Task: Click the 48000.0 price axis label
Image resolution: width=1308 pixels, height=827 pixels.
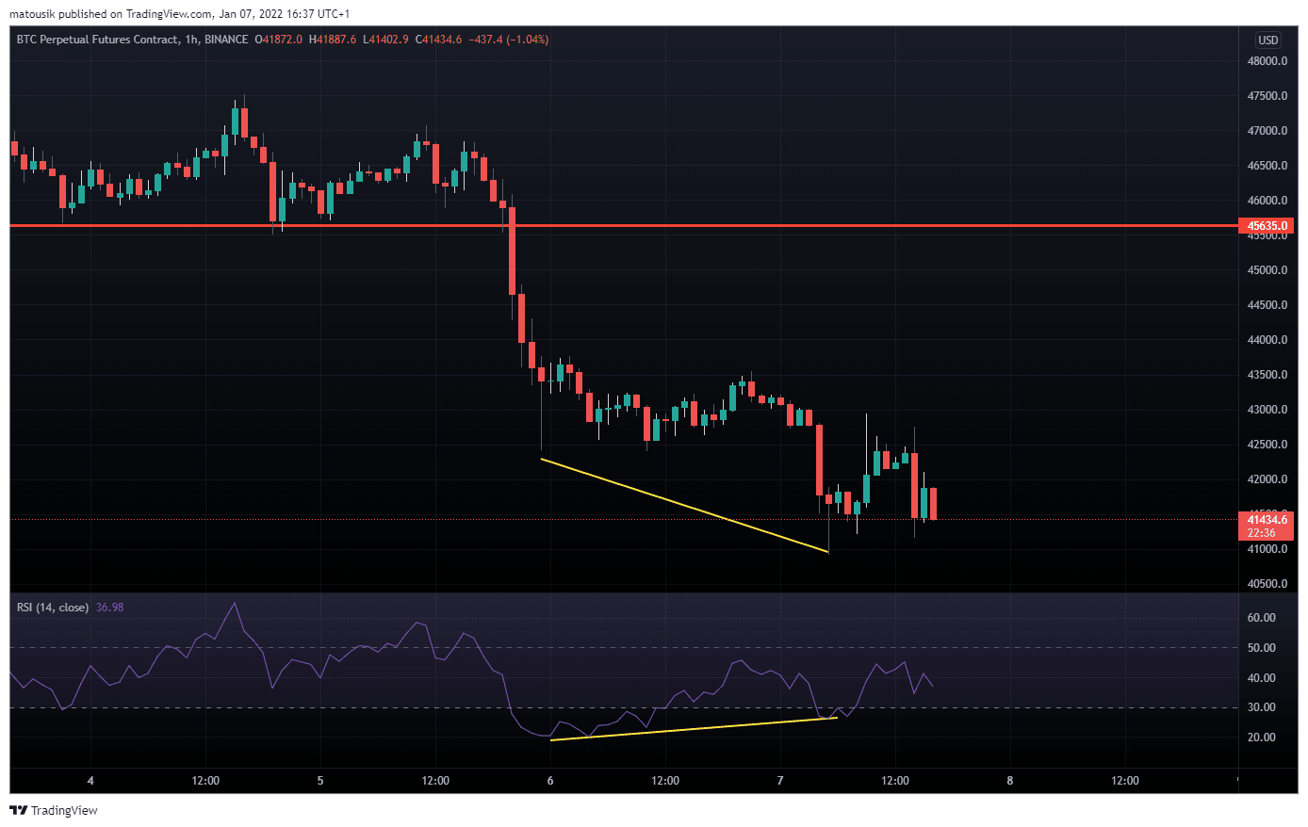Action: (x=1267, y=61)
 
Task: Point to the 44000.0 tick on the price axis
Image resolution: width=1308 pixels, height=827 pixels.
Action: (x=1267, y=340)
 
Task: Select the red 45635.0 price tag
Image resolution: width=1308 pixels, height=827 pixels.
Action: (x=1267, y=226)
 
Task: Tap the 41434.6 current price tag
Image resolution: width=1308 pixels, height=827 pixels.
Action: (x=1267, y=520)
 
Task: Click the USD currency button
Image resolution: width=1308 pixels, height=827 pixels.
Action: (x=1268, y=40)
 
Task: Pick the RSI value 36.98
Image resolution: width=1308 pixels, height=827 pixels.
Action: (x=109, y=608)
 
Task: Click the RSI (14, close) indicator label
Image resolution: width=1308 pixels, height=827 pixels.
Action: (x=53, y=608)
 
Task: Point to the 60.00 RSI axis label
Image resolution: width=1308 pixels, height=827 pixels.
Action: (x=1261, y=618)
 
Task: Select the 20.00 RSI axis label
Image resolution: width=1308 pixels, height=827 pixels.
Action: (x=1261, y=738)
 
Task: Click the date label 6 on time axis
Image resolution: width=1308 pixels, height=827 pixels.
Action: (x=550, y=781)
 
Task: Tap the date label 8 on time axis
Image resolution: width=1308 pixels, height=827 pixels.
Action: (x=1010, y=781)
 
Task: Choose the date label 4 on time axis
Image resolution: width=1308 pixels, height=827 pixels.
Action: (x=90, y=781)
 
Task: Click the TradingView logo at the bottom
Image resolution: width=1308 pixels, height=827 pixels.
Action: (x=55, y=810)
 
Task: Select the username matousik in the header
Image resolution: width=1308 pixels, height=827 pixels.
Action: (x=33, y=14)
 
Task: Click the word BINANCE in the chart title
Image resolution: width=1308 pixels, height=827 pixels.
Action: (x=226, y=40)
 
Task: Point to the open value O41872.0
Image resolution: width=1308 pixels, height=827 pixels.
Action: (x=279, y=40)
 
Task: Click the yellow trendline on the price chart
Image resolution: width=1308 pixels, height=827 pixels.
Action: (x=684, y=505)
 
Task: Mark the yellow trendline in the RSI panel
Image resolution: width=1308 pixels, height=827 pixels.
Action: (x=693, y=729)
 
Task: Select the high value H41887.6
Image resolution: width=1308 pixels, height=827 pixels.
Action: (x=333, y=40)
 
